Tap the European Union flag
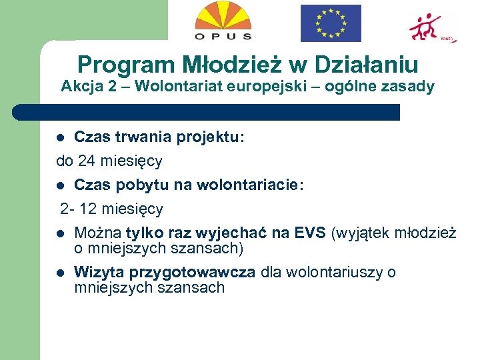330,23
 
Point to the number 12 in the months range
87,209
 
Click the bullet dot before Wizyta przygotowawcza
60,273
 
